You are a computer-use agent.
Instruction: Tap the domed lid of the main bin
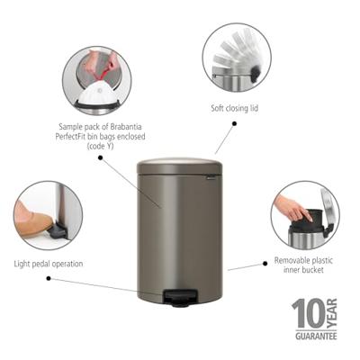178,166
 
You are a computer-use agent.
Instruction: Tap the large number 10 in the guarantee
303,314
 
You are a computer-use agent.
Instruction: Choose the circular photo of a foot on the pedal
48,216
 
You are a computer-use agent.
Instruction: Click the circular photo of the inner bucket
304,215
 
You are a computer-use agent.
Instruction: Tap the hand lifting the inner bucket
290,207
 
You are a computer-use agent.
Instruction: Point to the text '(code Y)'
95,144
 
